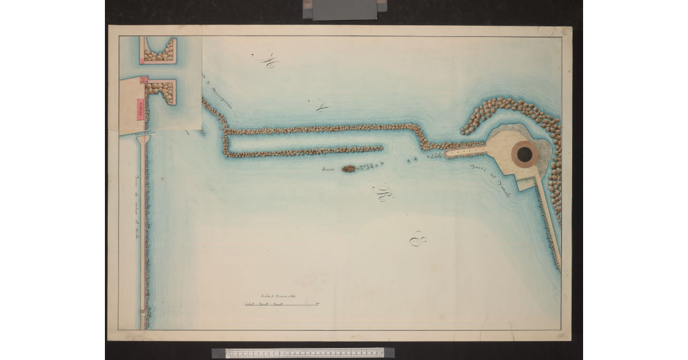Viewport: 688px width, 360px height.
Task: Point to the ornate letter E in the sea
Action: tap(417, 238)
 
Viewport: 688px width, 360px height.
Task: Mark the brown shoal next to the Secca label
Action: tap(349, 169)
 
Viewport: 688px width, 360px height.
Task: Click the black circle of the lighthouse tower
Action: tap(524, 153)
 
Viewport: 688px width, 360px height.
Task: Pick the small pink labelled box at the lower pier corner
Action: tap(144, 79)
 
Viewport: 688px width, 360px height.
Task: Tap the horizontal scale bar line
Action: tap(281, 304)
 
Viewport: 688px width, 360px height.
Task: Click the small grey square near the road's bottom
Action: tap(143, 312)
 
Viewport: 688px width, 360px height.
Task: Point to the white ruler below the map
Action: tap(303, 353)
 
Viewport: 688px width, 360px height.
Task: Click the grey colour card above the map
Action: tap(345, 9)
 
